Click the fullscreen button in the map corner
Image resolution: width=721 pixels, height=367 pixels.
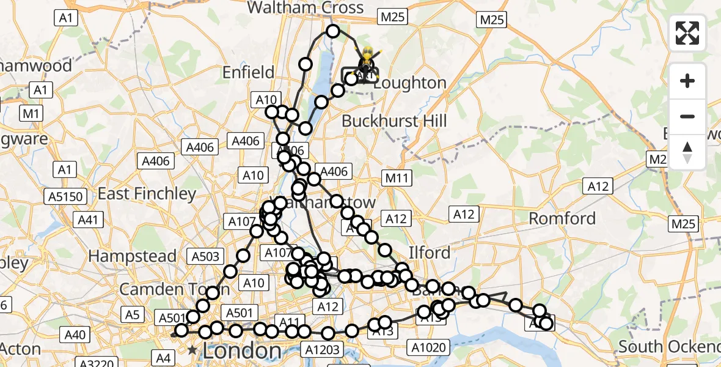[687, 32]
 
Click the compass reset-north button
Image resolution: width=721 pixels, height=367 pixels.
[687, 152]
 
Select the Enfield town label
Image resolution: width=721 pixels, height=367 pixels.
[248, 72]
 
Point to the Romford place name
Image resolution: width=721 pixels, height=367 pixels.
[562, 218]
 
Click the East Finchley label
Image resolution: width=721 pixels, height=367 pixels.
[147, 194]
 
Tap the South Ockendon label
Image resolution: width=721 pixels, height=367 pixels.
[669, 347]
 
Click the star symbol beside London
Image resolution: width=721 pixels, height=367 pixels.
[193, 350]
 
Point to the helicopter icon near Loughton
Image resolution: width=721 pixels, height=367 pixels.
[367, 60]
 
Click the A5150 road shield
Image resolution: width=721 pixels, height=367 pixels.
[64, 196]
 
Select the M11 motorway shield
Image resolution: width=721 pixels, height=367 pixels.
[397, 178]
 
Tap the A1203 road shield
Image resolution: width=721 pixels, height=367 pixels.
[321, 349]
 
